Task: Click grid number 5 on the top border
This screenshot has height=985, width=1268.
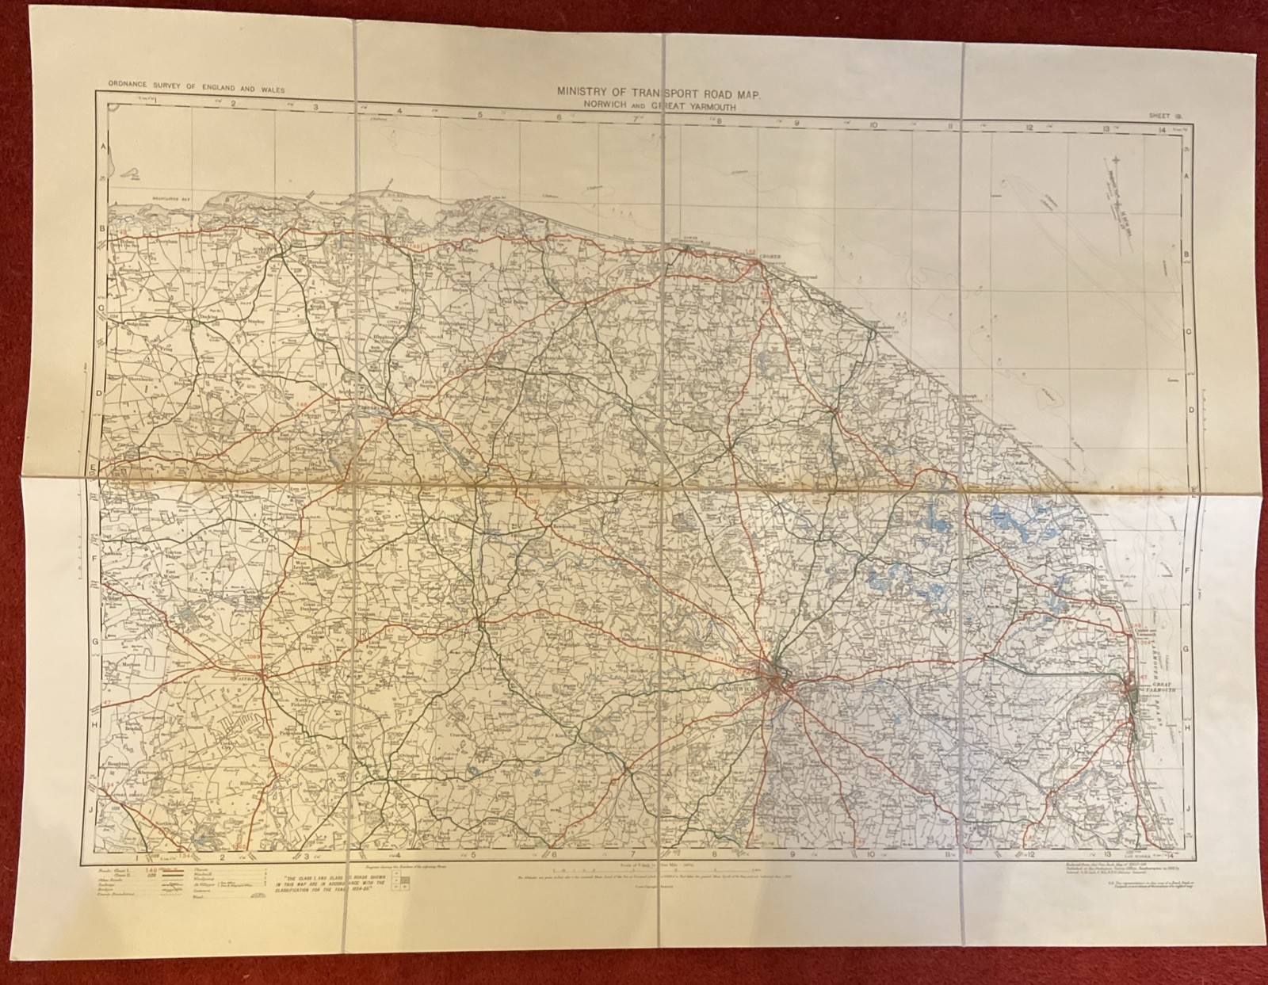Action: pyautogui.click(x=480, y=116)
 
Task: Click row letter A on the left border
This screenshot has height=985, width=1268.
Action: pyautogui.click(x=101, y=147)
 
